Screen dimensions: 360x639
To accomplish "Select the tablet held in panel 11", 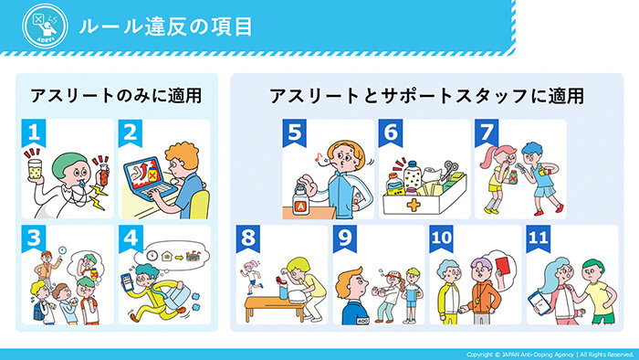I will click(540, 299).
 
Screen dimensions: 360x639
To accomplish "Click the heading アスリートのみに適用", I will click(115, 96).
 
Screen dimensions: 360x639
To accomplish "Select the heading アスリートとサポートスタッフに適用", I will click(425, 96).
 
